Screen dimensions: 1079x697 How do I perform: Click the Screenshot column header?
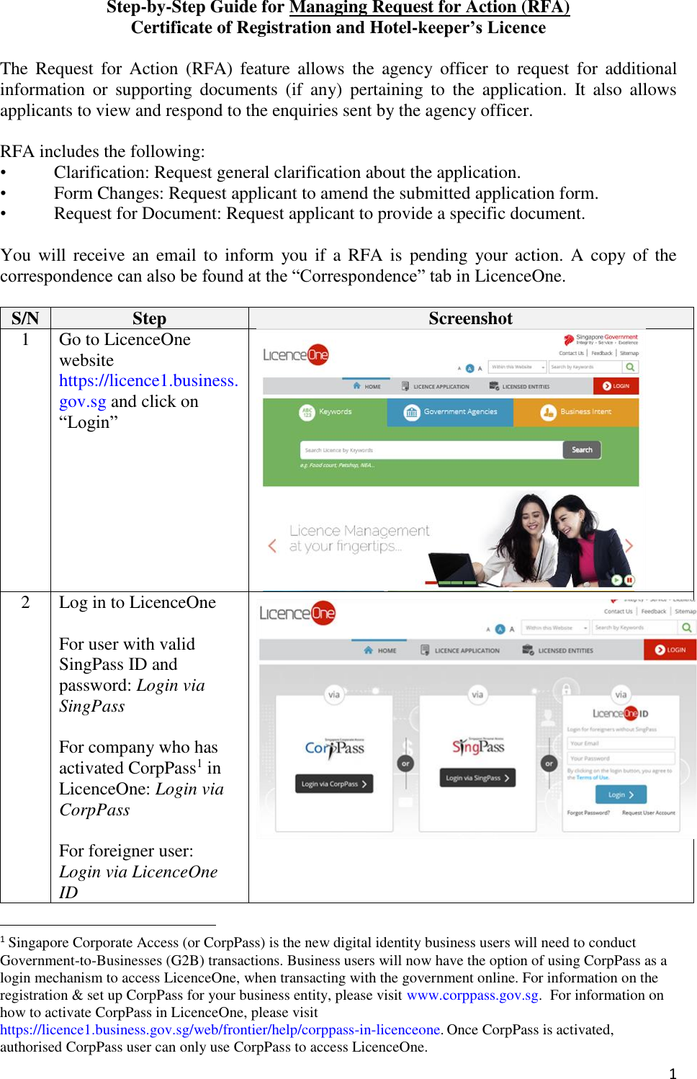[x=470, y=318]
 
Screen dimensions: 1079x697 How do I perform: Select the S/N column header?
[x=25, y=318]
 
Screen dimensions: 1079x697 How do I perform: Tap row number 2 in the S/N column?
[x=25, y=603]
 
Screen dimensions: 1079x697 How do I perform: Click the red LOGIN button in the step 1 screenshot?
[x=616, y=386]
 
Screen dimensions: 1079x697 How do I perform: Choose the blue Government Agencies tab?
[x=451, y=412]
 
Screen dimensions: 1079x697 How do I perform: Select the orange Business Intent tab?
[x=577, y=412]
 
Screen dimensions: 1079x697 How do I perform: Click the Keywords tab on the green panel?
[x=325, y=412]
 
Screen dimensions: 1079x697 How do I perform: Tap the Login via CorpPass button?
[x=334, y=784]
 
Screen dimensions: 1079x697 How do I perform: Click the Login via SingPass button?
[x=477, y=778]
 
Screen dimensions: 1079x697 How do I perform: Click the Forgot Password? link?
[x=588, y=812]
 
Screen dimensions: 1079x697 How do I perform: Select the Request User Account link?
[x=648, y=812]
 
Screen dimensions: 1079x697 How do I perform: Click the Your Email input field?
[x=621, y=743]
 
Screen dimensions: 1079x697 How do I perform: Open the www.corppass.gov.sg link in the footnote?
[x=472, y=995]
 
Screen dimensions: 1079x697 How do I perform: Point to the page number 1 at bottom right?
[x=673, y=1073]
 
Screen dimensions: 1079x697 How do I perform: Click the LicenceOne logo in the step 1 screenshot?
[x=295, y=354]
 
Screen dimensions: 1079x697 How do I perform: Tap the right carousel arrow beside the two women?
[x=629, y=546]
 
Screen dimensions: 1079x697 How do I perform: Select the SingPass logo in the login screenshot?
[x=478, y=747]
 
